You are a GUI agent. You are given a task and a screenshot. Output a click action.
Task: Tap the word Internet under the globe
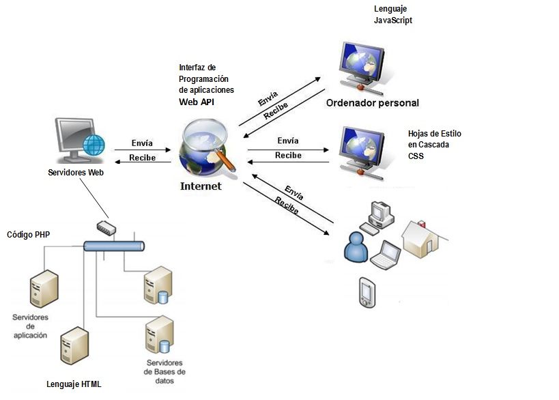tap(201, 186)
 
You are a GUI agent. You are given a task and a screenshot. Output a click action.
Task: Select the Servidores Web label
tap(76, 173)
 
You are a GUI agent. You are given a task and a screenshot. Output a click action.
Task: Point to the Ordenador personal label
tap(372, 103)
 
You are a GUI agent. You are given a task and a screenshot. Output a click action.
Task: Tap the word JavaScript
tap(393, 20)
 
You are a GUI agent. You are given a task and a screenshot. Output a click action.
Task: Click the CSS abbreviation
tap(416, 156)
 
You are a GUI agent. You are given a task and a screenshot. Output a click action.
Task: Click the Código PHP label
tap(29, 234)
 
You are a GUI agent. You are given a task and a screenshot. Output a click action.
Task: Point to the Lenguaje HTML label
tap(74, 384)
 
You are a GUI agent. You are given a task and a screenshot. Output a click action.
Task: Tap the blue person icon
tap(356, 247)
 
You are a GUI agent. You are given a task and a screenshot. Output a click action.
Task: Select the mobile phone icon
tap(365, 291)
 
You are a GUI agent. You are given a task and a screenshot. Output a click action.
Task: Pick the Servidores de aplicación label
tap(29, 326)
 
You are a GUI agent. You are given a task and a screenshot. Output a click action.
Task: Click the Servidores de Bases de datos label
tap(164, 371)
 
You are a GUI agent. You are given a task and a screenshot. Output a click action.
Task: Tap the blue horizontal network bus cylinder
tap(113, 246)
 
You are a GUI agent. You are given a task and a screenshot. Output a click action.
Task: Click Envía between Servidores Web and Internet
tap(142, 144)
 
